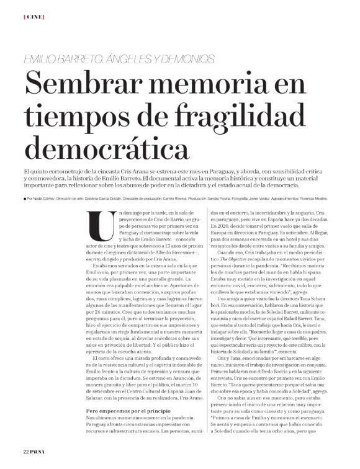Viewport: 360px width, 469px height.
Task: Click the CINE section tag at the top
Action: pos(32,17)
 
